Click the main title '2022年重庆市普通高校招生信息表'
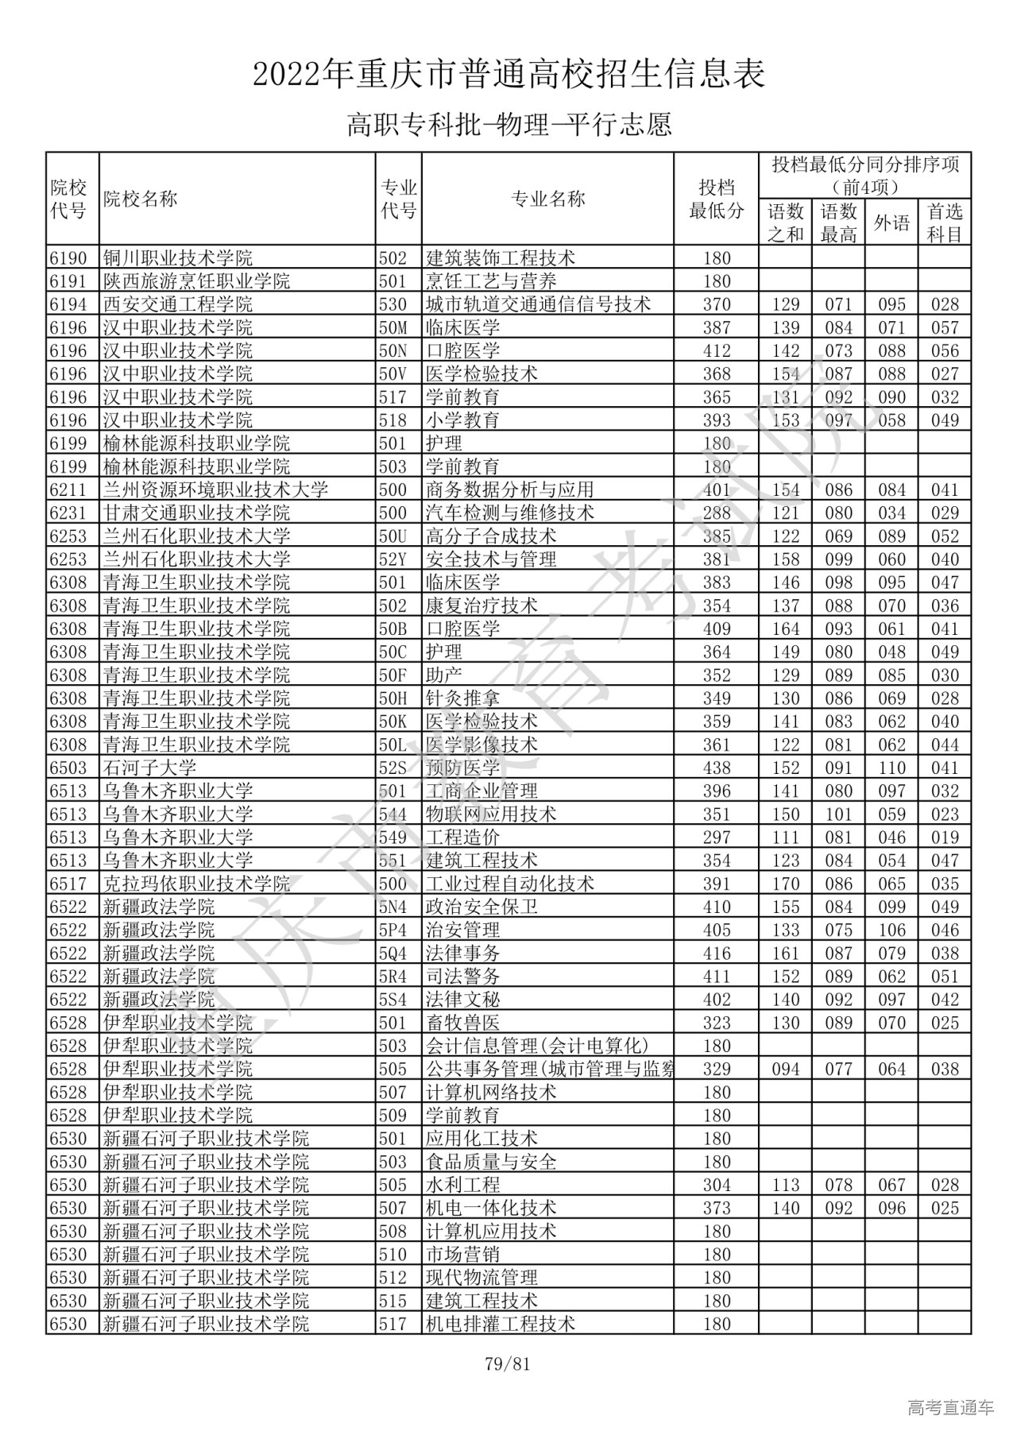click(x=508, y=75)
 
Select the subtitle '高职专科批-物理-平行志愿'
click(x=508, y=125)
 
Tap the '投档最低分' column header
click(x=716, y=199)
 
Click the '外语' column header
click(x=891, y=222)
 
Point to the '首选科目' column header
click(x=945, y=222)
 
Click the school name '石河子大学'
click(x=149, y=768)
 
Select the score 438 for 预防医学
click(x=717, y=768)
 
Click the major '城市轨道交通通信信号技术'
click(x=539, y=304)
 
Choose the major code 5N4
click(x=392, y=907)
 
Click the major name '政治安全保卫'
click(x=481, y=907)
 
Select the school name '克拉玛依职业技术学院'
click(x=196, y=884)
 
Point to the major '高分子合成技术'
click(x=491, y=536)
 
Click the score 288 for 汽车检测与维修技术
click(x=717, y=513)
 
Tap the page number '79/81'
click(x=507, y=1365)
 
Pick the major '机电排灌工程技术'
click(x=501, y=1325)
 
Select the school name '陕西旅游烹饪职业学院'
click(x=196, y=281)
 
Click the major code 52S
click(x=392, y=768)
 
